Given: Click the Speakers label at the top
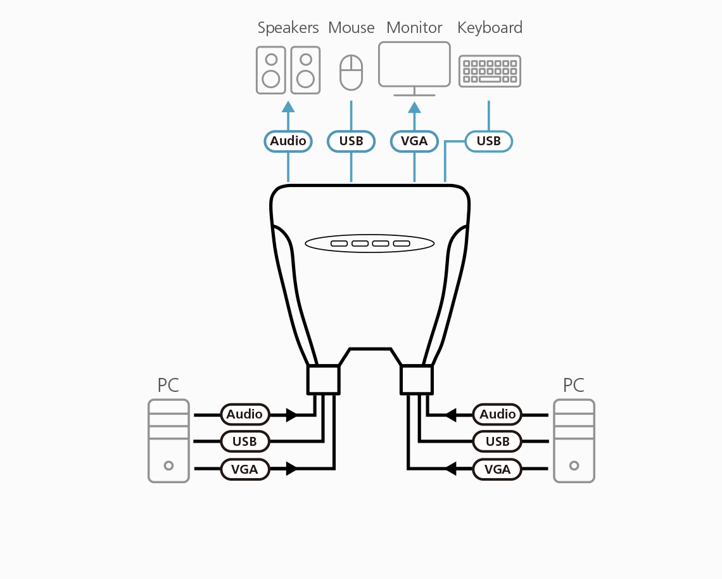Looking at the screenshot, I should pos(288,28).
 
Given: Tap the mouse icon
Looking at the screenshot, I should pos(351,72).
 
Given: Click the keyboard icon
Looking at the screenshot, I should pos(490,71).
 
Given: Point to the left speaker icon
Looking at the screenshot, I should pos(271,70).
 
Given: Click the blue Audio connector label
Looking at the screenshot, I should pos(288,141).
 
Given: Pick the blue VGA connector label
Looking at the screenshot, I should pos(414,141).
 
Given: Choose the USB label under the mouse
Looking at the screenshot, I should pos(351,141).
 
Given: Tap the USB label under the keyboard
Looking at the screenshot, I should pos(488,141).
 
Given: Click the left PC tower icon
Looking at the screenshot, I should pos(168,441).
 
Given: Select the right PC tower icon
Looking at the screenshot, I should pos(574,441).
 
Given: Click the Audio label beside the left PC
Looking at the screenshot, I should pos(244,414).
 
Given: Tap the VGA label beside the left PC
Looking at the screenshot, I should pos(244,469).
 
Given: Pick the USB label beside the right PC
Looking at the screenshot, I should pos(497,441).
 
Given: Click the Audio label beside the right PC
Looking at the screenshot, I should pos(497,414).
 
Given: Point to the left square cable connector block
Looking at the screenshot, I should pos(323,379).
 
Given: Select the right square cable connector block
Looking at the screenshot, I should pos(417,379).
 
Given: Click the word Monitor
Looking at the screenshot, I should pos(414,28).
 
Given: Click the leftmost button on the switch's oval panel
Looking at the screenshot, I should pos(339,244).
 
